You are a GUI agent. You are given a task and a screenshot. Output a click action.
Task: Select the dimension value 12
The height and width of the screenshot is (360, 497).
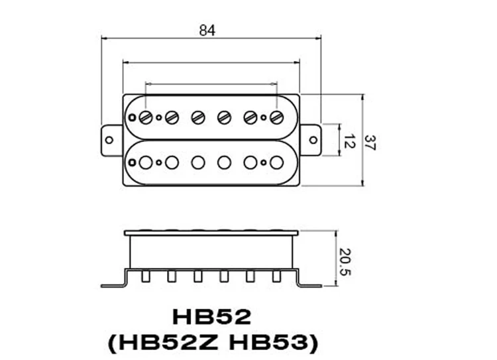tap(350, 141)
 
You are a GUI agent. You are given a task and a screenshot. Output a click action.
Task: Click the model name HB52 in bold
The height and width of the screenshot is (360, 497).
tap(211, 316)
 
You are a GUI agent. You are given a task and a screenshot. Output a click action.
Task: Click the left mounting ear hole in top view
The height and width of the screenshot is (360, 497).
tap(109, 140)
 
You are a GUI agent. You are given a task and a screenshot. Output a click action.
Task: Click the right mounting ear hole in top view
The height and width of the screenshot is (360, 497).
tap(311, 140)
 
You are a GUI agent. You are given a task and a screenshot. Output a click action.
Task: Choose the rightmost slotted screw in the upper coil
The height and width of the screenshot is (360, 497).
tap(276, 117)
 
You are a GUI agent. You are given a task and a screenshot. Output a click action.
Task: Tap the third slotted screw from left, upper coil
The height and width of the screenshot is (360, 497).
tap(198, 117)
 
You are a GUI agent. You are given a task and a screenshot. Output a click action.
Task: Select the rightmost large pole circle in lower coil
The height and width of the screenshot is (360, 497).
tap(276, 162)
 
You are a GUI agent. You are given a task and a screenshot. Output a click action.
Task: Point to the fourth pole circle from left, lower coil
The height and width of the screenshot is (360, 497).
tap(224, 162)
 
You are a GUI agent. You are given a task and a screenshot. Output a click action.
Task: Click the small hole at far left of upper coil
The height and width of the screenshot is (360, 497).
tap(133, 118)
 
